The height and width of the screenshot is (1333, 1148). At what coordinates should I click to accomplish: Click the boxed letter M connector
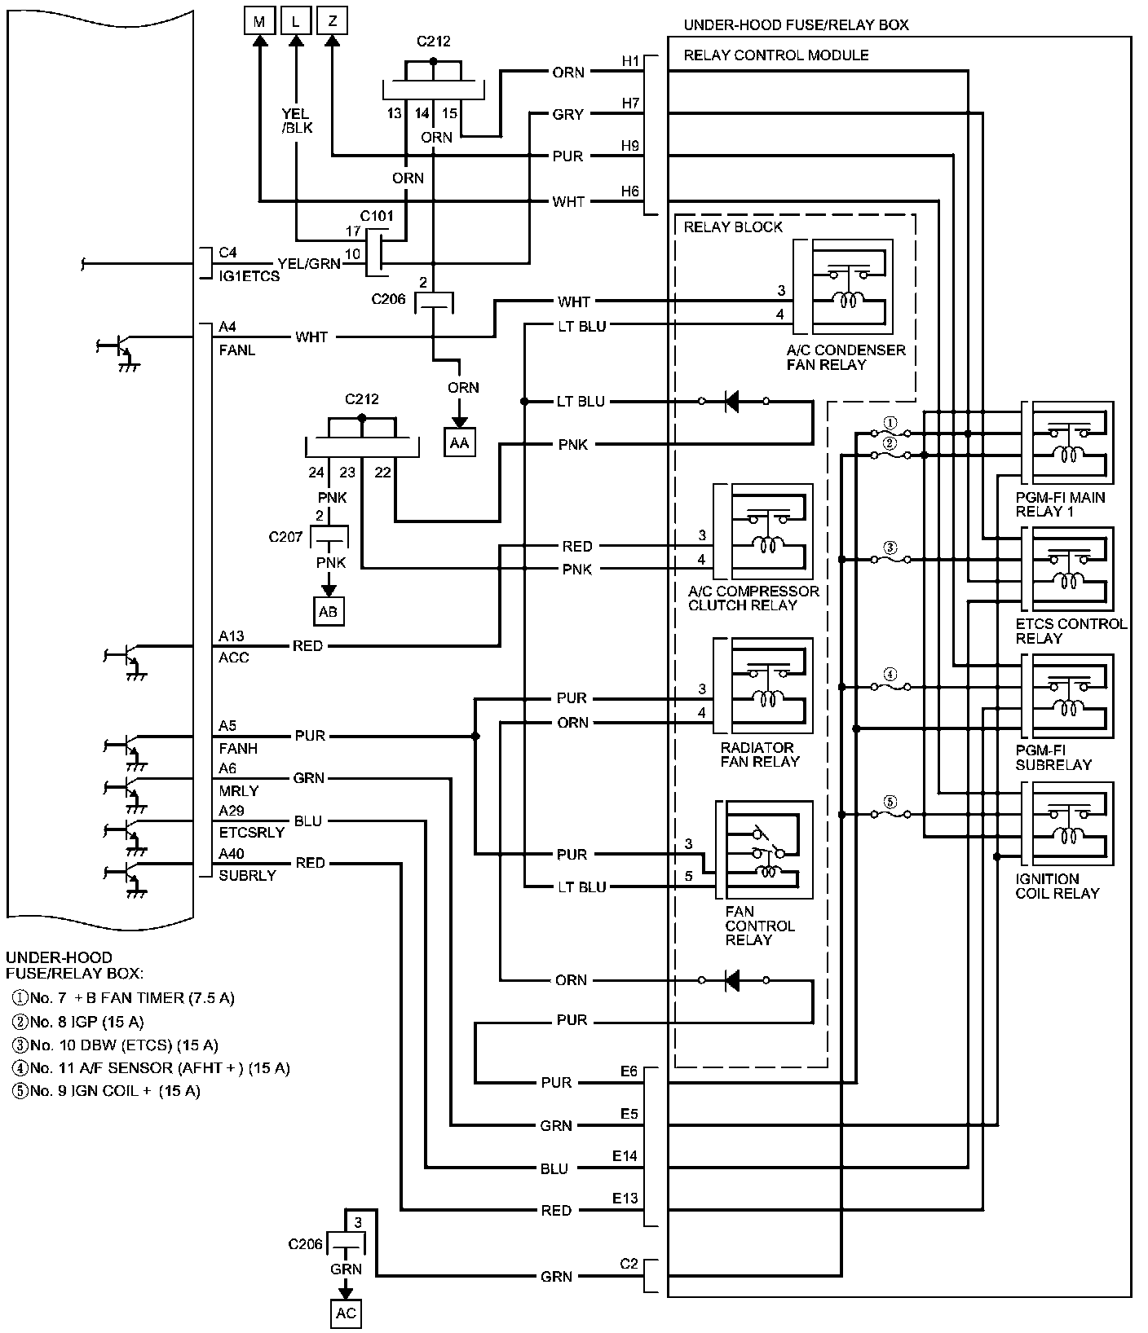click(x=259, y=21)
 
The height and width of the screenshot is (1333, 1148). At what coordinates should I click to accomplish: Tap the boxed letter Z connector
click(x=332, y=21)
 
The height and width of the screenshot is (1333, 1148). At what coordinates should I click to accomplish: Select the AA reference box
click(x=460, y=442)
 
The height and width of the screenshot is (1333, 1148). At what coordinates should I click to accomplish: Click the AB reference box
click(x=329, y=611)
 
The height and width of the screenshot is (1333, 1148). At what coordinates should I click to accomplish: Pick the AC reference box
click(x=346, y=1313)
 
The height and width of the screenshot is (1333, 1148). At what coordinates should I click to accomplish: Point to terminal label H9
click(x=630, y=146)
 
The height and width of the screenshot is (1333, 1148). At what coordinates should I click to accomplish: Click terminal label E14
click(x=625, y=1155)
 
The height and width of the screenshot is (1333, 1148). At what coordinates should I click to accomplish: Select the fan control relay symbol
click(x=766, y=850)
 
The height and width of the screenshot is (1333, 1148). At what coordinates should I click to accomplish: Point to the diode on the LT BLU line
click(x=732, y=402)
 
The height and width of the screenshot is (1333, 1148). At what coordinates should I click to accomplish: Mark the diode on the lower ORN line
click(x=732, y=980)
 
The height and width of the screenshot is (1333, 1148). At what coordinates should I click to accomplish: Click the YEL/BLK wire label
click(x=297, y=121)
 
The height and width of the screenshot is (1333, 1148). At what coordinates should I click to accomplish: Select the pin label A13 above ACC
click(x=232, y=636)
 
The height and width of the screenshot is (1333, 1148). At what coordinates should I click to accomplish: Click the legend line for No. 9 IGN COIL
click(x=106, y=1091)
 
